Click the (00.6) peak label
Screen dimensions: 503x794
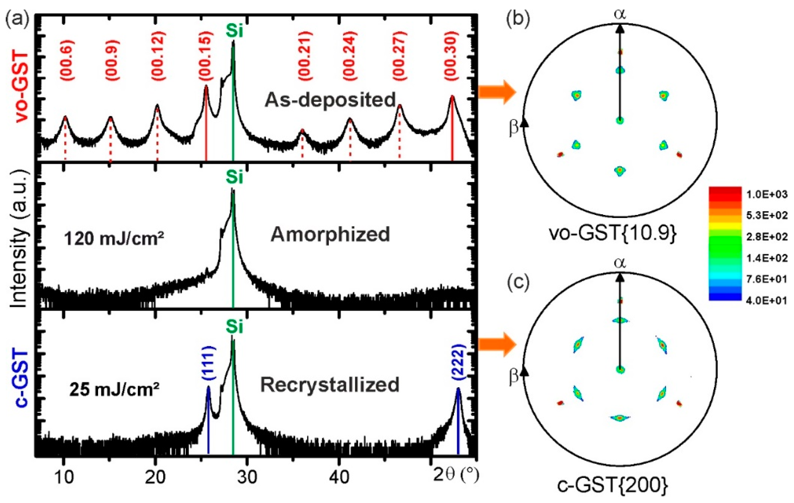(x=67, y=60)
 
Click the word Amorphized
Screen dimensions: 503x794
(x=330, y=235)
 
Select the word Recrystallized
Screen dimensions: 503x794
(x=330, y=385)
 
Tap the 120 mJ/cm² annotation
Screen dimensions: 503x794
(x=114, y=238)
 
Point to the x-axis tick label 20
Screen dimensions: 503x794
(x=155, y=477)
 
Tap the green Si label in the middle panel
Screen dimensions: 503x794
(x=234, y=177)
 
